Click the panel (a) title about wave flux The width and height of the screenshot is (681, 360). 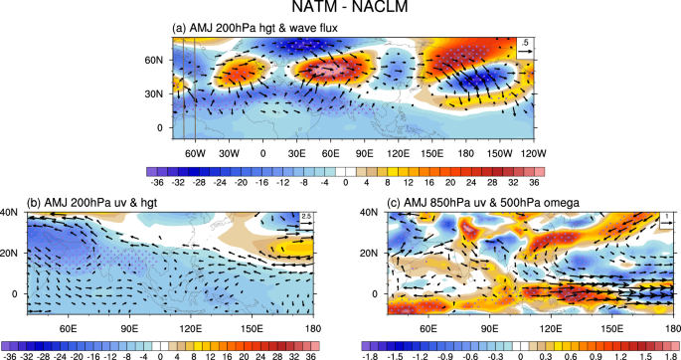pos(260,28)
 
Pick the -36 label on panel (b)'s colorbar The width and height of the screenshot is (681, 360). pos(10,352)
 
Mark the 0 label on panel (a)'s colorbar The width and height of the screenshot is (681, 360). pos(345,183)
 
